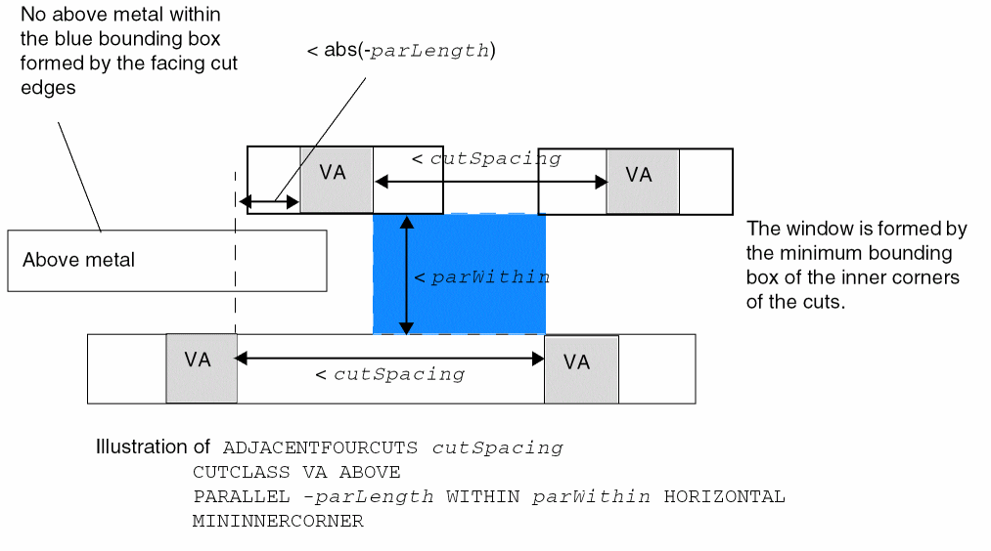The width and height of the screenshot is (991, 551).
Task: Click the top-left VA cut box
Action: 336,179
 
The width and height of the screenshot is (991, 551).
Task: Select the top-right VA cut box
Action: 642,181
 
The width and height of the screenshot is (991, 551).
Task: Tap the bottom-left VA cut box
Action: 201,367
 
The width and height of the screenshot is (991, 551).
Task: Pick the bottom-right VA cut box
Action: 580,369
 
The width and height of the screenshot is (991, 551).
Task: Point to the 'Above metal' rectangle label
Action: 79,260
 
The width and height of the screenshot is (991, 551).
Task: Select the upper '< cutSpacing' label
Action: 485,158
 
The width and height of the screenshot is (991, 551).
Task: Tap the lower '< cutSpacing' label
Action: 389,374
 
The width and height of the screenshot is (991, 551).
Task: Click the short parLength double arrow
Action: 270,202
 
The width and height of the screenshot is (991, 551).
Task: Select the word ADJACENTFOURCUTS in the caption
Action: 321,448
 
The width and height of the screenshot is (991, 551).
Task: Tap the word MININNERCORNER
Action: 278,521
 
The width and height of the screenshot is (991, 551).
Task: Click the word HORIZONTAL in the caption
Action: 724,496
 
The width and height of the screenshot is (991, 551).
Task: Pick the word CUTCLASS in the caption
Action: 230,472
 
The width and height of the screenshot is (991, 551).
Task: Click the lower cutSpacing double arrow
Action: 389,359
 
